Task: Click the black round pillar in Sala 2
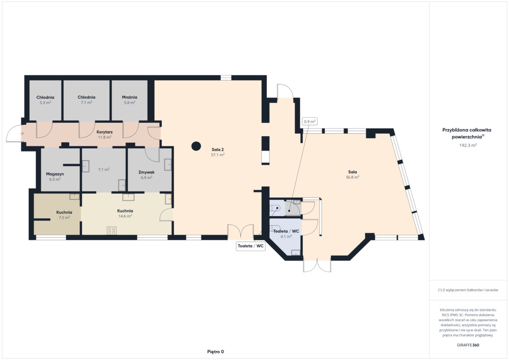[x=196, y=146]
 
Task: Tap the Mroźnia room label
[x=130, y=97]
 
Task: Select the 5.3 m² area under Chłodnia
[x=45, y=102]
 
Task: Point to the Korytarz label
[x=104, y=132]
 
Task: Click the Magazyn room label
[x=55, y=174]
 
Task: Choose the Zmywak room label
[x=147, y=173]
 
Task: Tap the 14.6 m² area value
[x=125, y=216]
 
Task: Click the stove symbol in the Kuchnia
[x=112, y=231]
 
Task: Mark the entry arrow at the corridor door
[x=22, y=133]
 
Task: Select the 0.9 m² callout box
[x=310, y=122]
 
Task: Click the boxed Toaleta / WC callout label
[x=251, y=246]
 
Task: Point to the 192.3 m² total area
[x=468, y=145]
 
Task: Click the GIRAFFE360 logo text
[x=468, y=345]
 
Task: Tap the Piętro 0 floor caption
[x=216, y=352]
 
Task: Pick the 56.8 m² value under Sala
[x=352, y=177]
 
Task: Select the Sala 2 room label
[x=218, y=150]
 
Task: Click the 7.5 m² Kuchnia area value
[x=64, y=217]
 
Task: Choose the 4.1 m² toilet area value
[x=286, y=237]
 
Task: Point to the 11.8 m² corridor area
[x=104, y=137]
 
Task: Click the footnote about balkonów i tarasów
[x=468, y=290]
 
